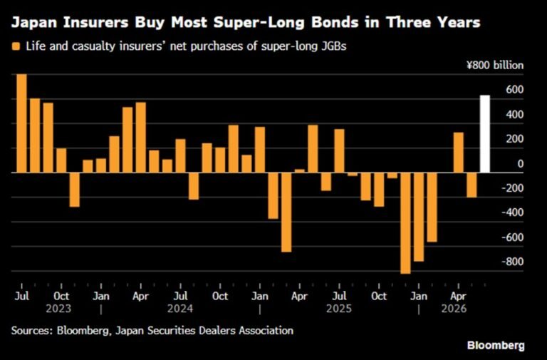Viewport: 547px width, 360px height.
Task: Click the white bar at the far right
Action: tap(485, 134)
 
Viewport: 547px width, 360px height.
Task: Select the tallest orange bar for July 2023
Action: tap(21, 123)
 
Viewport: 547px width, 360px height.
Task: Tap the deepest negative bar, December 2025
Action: tap(405, 223)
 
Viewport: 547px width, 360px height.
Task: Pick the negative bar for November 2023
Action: tap(74, 190)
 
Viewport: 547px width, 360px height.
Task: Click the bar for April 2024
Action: tap(140, 137)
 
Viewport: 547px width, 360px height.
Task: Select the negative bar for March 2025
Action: tap(286, 212)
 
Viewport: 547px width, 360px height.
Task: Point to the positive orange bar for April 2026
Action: tap(459, 153)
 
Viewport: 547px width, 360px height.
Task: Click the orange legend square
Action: tap(16, 46)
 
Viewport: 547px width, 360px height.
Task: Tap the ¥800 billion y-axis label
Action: tap(495, 66)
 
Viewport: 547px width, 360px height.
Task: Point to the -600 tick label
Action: tap(513, 237)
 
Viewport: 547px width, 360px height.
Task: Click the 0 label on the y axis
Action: tap(521, 164)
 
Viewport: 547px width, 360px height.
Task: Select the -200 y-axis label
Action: tap(513, 188)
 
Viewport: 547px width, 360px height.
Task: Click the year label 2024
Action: tap(180, 309)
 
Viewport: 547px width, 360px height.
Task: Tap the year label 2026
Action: tap(454, 309)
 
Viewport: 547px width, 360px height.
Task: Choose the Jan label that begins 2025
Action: tap(260, 297)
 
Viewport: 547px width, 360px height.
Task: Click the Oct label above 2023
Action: tap(61, 297)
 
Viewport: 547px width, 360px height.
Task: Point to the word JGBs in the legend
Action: tap(333, 46)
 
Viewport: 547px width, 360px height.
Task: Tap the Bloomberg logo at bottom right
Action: tap(496, 346)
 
